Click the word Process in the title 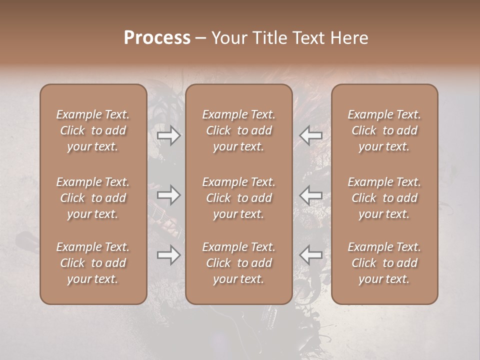[157, 38]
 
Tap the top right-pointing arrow [168, 135]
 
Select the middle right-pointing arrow [168, 195]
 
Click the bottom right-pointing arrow [168, 255]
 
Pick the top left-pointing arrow [311, 135]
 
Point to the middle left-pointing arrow [311, 195]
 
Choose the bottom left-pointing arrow [311, 255]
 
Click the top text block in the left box [93, 130]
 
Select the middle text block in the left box [93, 198]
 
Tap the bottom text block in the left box [93, 263]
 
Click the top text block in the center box [238, 130]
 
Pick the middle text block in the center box [238, 198]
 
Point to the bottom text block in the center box [238, 263]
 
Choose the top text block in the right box [384, 130]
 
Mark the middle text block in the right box [384, 198]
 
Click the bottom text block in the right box [384, 263]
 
